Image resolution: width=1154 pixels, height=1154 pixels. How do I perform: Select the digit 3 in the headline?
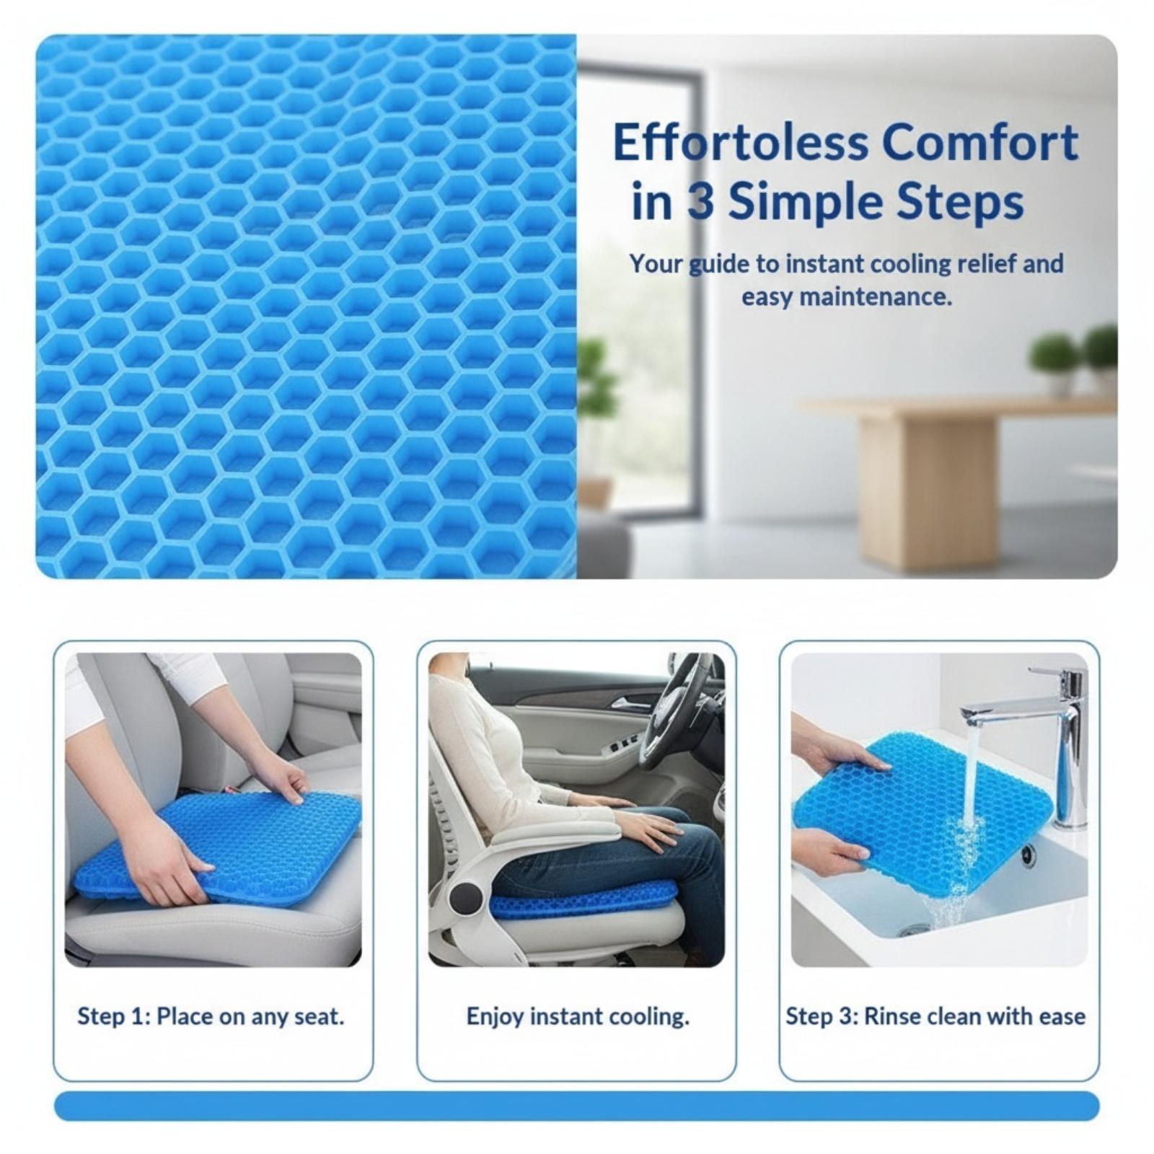coord(700,203)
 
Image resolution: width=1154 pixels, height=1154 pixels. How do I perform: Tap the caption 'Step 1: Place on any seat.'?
coord(211,1017)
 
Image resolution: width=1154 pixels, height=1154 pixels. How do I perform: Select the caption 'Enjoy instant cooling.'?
coord(578,1017)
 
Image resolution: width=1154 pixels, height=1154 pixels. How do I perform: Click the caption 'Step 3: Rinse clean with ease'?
coord(935,1017)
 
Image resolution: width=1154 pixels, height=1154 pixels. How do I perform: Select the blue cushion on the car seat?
coord(220,847)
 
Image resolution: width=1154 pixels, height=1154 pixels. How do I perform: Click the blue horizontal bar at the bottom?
coord(577,1106)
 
